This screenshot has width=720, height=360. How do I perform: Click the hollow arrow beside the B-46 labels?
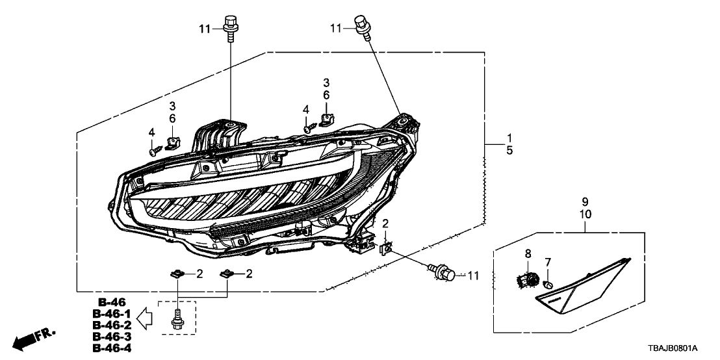[x=148, y=318]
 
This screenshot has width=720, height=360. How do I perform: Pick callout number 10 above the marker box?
[x=584, y=214]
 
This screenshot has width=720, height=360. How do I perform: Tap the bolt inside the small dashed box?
[x=178, y=319]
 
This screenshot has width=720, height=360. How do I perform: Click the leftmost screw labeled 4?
[x=153, y=151]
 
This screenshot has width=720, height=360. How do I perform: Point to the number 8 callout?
[x=528, y=253]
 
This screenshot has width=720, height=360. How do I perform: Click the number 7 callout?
[x=548, y=262]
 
